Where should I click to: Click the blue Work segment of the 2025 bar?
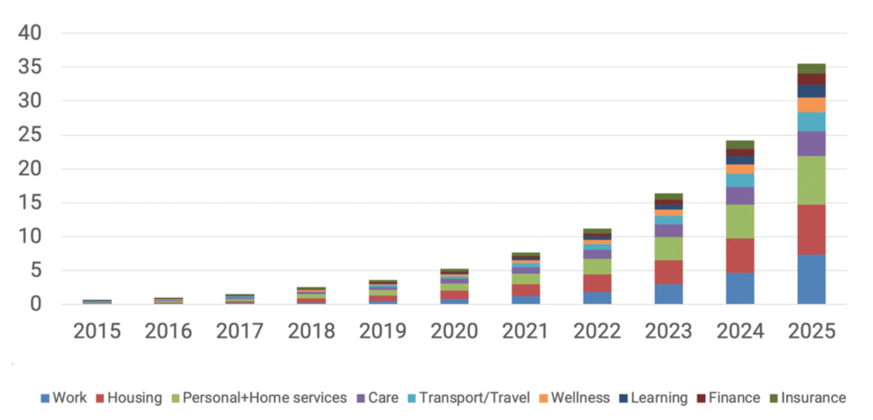point(811,279)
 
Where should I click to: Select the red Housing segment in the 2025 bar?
point(811,230)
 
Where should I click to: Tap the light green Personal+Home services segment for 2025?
point(811,180)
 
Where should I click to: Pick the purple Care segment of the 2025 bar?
point(811,144)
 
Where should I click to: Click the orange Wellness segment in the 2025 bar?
point(811,105)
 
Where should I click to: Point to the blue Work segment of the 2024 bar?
point(740,288)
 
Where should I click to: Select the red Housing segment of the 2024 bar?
point(740,255)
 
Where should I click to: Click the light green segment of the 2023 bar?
point(668,249)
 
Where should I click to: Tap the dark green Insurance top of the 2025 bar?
point(811,68)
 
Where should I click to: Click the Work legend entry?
point(64,398)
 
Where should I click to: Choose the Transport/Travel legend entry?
point(469,398)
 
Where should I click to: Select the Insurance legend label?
point(814,398)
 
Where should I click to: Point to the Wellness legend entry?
point(575,398)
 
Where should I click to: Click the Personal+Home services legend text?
point(265,398)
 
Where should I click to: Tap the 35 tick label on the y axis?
point(30,66)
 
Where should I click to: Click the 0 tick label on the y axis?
point(36,304)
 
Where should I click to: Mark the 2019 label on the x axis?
point(383,331)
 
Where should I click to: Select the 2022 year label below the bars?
point(597,331)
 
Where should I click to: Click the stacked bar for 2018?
point(311,296)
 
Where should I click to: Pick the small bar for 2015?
point(97,302)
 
